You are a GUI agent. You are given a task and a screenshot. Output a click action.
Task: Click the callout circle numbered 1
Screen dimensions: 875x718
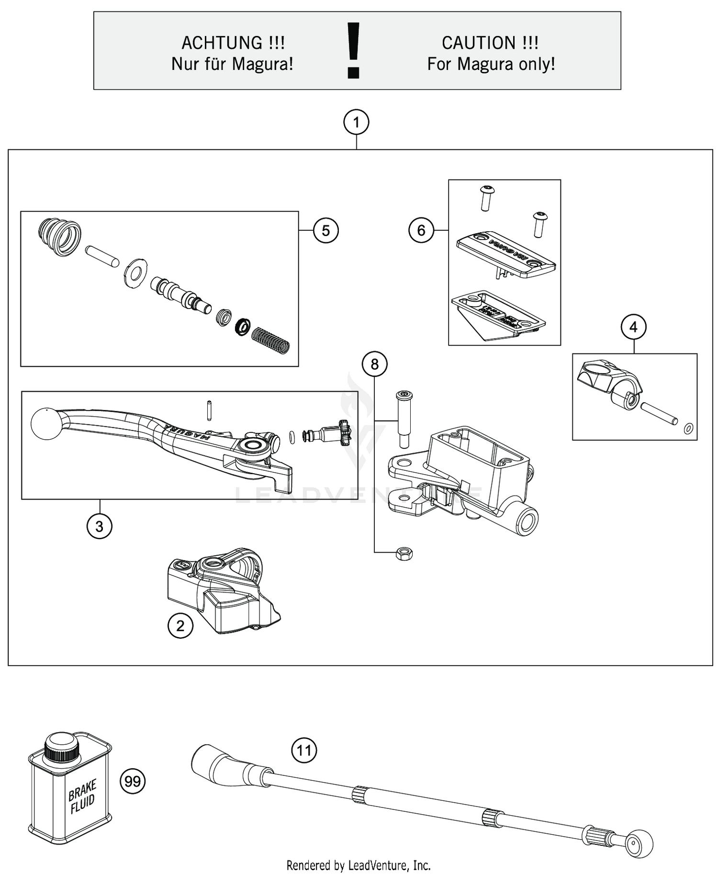356,123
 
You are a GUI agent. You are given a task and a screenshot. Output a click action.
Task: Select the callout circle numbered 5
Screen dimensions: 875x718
325,231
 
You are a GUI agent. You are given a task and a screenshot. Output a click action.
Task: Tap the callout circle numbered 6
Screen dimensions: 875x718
421,230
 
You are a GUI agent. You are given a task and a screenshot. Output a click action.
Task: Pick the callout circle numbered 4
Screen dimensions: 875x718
633,327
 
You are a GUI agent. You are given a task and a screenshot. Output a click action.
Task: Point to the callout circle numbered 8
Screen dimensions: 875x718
374,364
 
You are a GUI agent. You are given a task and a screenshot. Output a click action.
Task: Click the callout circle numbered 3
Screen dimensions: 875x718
99,526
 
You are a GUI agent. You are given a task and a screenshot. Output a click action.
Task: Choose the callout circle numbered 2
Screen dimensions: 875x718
180,626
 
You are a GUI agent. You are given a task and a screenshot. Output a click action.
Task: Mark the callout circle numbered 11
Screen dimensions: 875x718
304,750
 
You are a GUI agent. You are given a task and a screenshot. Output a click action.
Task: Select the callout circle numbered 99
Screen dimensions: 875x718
132,782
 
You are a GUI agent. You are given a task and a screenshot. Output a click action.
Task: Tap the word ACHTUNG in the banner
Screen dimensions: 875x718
222,43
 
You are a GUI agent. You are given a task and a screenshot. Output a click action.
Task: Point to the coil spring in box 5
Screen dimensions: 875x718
271,340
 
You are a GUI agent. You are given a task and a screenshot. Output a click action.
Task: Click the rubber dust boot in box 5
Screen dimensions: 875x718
59,237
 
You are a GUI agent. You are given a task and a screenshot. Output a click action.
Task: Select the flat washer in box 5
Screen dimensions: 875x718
135,273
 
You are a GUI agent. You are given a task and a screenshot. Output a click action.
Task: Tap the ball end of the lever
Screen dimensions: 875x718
46,423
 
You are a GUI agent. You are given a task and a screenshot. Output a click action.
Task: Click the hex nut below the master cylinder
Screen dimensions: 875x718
404,554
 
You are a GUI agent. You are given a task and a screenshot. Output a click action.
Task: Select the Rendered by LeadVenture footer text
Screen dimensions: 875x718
359,865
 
